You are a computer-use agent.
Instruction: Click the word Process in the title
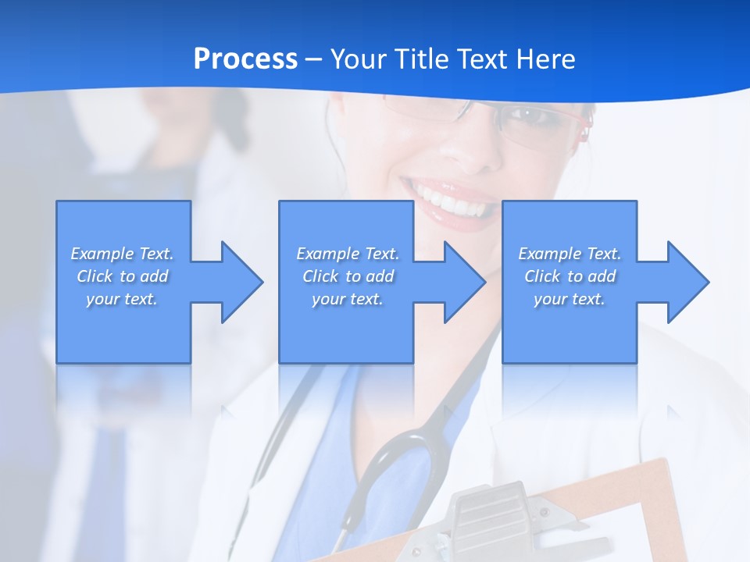pyautogui.click(x=245, y=59)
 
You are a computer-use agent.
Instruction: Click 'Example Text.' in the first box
pyautogui.click(x=122, y=254)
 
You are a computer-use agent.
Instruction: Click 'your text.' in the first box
pyautogui.click(x=122, y=299)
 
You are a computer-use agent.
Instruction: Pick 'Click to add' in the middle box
pyautogui.click(x=348, y=276)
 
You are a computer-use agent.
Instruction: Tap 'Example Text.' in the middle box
pyautogui.click(x=348, y=254)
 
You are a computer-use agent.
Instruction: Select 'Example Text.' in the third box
pyautogui.click(x=570, y=254)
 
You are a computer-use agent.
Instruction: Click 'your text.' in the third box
pyautogui.click(x=570, y=299)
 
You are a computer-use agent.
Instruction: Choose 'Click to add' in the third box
pyautogui.click(x=570, y=276)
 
